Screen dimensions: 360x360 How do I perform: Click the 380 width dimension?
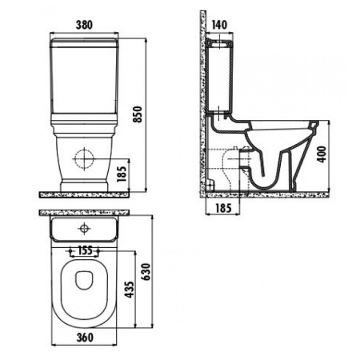point(84,25)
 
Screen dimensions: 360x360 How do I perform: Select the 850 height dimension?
point(138,114)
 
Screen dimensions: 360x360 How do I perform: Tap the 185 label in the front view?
point(122,174)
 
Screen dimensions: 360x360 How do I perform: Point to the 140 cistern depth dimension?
point(219,25)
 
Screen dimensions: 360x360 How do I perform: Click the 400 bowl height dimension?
point(322,154)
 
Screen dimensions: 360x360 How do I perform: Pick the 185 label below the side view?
point(223,208)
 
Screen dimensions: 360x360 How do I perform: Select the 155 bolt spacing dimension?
point(85,250)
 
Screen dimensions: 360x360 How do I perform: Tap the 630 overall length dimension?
point(146,271)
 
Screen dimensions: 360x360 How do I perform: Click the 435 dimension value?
point(130,290)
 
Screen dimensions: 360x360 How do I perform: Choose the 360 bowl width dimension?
point(85,338)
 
